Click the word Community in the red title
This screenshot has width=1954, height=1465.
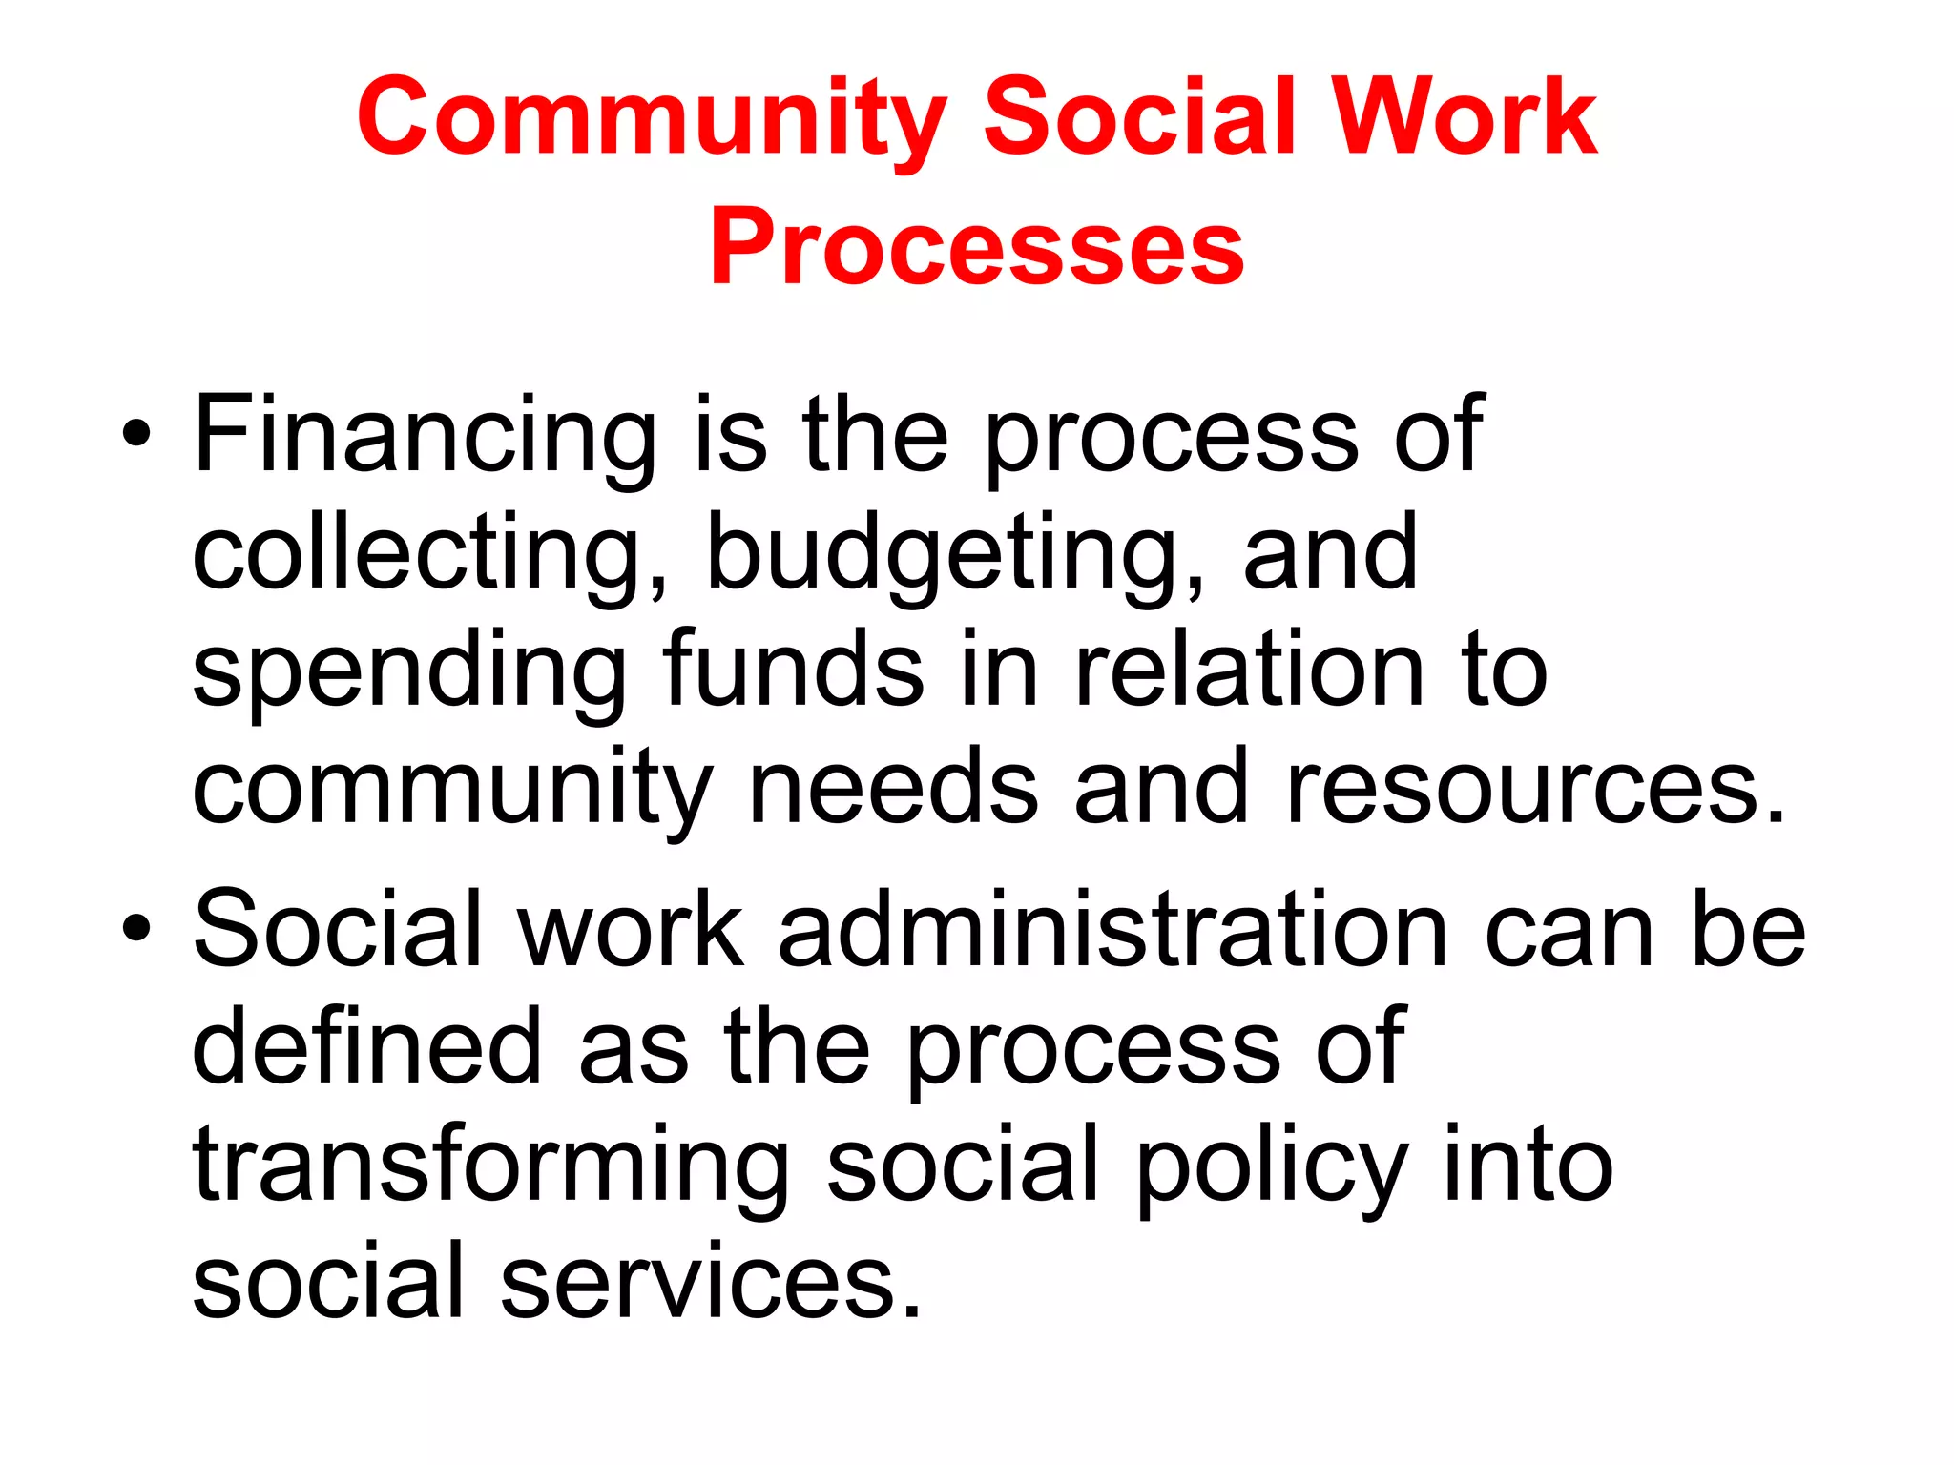tap(652, 117)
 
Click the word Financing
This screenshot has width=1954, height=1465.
tap(425, 437)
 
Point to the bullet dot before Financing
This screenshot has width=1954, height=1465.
tap(136, 436)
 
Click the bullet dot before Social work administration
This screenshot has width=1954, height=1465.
tap(136, 928)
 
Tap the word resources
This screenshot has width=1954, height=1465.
tap(1534, 789)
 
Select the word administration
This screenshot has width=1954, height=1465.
tap(1113, 930)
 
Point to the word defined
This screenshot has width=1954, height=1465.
tap(367, 1046)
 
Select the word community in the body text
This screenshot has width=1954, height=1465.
tap(452, 790)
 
